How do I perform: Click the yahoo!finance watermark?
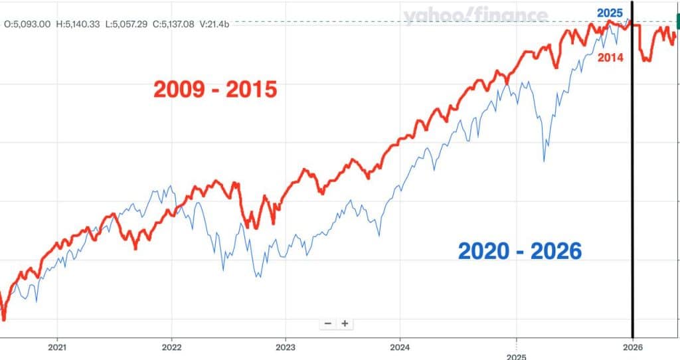tap(475, 16)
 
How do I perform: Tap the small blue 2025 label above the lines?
tap(610, 13)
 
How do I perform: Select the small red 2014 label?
tap(610, 58)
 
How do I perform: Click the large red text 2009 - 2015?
tap(215, 89)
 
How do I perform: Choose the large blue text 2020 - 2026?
tap(520, 250)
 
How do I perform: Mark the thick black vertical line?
tap(632, 199)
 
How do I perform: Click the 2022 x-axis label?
tap(171, 347)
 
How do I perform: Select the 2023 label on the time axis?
tap(286, 347)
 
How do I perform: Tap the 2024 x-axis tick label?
tap(400, 347)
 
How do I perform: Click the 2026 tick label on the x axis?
tap(632, 347)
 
